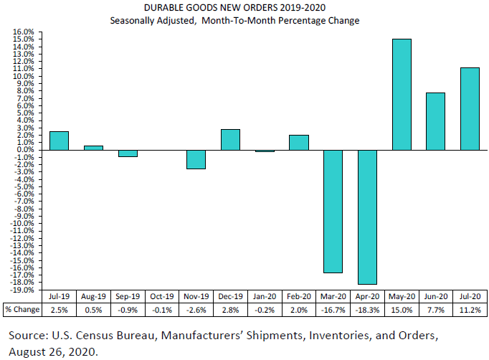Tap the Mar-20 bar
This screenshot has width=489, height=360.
333,211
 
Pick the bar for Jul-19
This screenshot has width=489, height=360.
59,141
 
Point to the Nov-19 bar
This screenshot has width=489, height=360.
196,159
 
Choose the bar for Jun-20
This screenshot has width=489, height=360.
436,121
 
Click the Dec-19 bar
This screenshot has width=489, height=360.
230,140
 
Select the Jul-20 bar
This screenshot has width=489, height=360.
470,108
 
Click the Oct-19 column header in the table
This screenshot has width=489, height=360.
161,296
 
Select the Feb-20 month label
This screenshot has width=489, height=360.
298,296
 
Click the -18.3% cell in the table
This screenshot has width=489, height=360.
367,309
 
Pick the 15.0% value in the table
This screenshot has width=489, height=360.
402,309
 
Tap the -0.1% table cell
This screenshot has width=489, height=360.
161,309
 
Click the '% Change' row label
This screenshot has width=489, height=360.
22,309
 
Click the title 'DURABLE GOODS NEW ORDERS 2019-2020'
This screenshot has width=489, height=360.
234,8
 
